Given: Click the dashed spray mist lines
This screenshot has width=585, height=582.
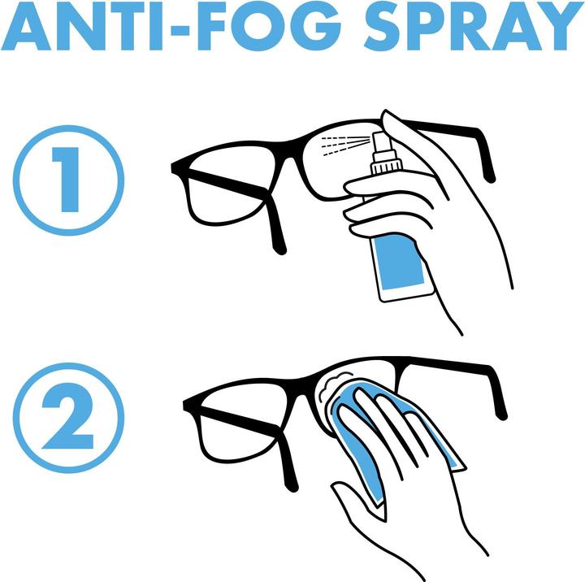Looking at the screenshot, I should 343,144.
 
